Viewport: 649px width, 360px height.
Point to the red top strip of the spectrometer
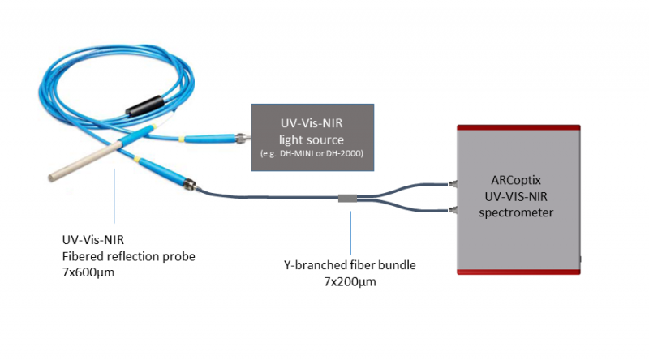(518, 127)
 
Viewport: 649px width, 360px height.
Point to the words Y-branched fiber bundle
(350, 265)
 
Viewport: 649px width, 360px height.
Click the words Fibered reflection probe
(129, 256)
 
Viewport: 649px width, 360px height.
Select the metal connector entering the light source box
(241, 136)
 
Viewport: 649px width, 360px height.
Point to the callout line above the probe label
(114, 195)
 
